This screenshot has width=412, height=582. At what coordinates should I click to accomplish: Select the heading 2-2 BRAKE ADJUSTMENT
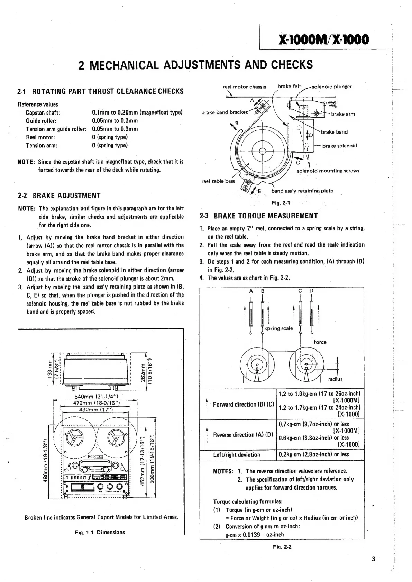click(x=59, y=195)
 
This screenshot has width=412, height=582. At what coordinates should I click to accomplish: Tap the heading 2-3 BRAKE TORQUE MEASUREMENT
click(x=259, y=216)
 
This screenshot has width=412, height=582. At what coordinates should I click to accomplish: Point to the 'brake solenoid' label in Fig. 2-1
click(x=339, y=146)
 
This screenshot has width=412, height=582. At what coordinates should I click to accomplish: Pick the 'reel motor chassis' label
click(x=245, y=87)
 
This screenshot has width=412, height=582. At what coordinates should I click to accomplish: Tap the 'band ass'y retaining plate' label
click(x=302, y=191)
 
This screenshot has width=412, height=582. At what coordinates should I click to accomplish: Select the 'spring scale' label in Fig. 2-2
click(x=278, y=328)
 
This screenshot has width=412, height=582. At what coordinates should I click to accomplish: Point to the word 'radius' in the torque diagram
click(x=335, y=379)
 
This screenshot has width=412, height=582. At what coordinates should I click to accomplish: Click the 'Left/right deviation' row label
click(x=237, y=455)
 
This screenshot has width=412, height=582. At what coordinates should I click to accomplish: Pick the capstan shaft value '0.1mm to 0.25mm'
click(x=137, y=112)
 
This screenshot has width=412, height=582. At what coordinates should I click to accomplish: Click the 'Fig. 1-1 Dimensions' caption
click(x=100, y=532)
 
